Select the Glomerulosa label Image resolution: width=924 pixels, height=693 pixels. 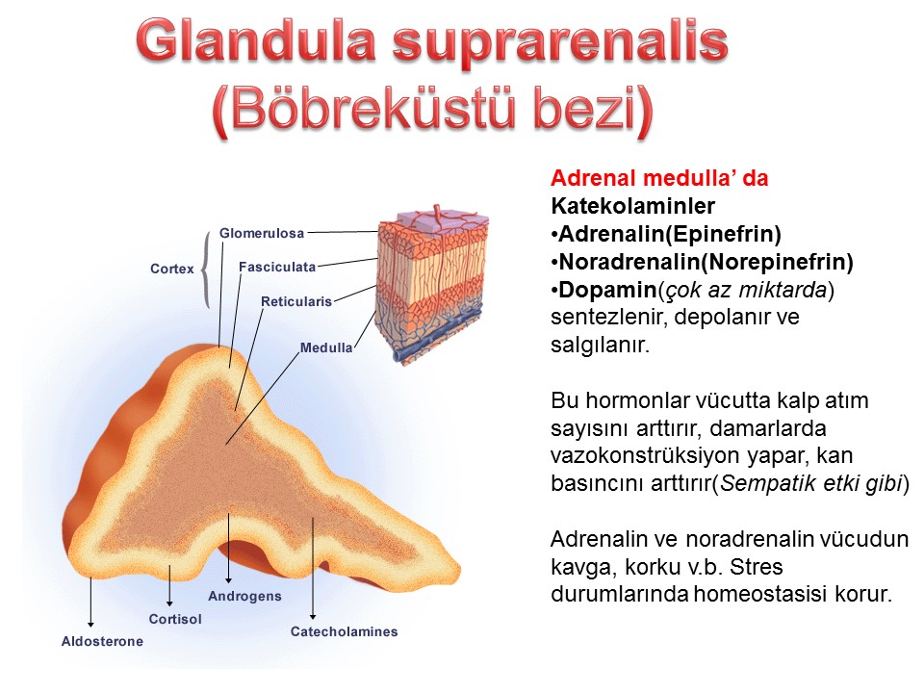pyautogui.click(x=262, y=233)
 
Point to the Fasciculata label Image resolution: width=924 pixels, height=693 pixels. pyautogui.click(x=277, y=267)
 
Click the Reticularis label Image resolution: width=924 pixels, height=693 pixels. pyautogui.click(x=296, y=301)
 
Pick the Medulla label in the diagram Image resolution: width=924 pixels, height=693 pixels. pyautogui.click(x=326, y=347)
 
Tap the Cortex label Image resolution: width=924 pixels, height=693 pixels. pyautogui.click(x=172, y=269)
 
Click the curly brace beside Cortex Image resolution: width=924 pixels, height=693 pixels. pyautogui.click(x=206, y=269)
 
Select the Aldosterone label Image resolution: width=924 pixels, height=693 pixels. pyautogui.click(x=103, y=641)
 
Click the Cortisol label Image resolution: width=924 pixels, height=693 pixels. pyautogui.click(x=175, y=619)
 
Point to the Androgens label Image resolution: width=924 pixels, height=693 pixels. pyautogui.click(x=244, y=597)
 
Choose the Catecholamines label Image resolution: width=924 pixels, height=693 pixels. pyautogui.click(x=345, y=631)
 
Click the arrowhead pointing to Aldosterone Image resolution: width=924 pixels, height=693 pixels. pyautogui.click(x=90, y=624)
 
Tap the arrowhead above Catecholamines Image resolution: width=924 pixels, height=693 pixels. pyautogui.click(x=313, y=616)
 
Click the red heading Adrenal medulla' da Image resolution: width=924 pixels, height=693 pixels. pyautogui.click(x=659, y=178)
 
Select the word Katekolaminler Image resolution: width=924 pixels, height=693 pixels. pyautogui.click(x=633, y=206)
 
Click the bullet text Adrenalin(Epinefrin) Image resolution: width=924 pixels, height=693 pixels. pyautogui.click(x=666, y=234)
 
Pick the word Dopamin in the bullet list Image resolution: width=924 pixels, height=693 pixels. pyautogui.click(x=607, y=290)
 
